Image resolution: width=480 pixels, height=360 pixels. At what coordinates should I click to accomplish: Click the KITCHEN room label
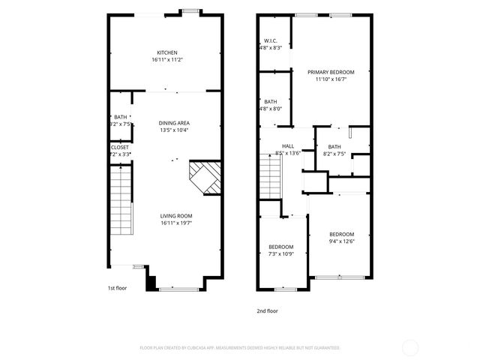click(166, 52)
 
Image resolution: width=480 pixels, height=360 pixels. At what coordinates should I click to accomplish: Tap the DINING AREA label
click(173, 123)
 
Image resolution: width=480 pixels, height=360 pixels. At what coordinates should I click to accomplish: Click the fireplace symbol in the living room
click(205, 178)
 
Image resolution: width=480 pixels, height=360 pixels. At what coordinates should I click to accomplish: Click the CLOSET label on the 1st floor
click(120, 147)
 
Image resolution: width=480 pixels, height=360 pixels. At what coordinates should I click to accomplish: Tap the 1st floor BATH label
click(121, 117)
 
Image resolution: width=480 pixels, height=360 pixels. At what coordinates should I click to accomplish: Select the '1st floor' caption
click(117, 287)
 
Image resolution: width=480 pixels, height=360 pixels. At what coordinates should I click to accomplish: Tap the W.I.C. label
click(271, 40)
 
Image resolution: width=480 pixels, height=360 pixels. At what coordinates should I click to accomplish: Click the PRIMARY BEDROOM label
click(331, 72)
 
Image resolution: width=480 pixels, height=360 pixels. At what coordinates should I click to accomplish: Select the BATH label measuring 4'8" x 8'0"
click(271, 101)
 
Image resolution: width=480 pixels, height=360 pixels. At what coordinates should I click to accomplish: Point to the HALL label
click(288, 146)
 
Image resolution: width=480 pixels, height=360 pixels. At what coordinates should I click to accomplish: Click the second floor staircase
click(270, 175)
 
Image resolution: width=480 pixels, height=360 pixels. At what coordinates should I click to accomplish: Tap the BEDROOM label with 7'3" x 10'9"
click(281, 247)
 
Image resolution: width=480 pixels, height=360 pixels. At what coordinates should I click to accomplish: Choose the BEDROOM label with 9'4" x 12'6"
click(341, 233)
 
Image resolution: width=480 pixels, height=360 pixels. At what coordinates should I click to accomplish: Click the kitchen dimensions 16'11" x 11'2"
click(166, 59)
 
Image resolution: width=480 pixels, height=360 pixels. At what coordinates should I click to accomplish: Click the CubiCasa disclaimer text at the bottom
click(240, 348)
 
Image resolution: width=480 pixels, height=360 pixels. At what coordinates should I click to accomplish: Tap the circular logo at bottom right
click(410, 347)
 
